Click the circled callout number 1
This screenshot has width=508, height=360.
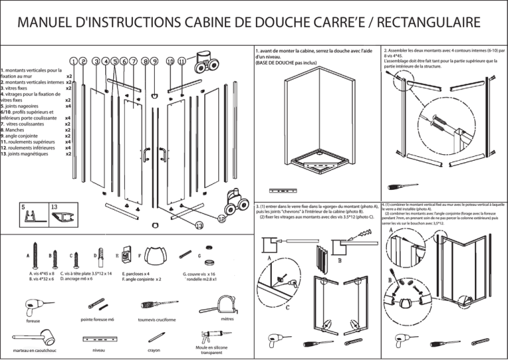[73, 62]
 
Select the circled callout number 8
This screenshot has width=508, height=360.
[144, 62]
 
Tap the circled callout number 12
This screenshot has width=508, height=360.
[222, 218]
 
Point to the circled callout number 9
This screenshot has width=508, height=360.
[154, 62]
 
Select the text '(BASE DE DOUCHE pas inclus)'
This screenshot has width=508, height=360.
[286, 63]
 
